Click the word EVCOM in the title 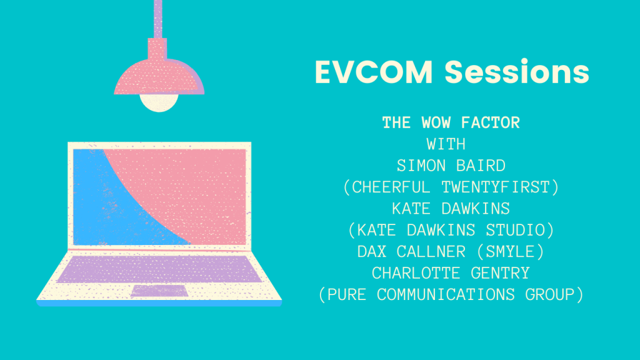(x=374, y=72)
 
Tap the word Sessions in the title (x=517, y=72)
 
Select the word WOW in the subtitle (x=436, y=122)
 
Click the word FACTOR (x=490, y=122)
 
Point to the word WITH (x=446, y=144)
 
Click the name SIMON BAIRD (x=451, y=166)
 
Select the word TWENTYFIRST (x=496, y=187)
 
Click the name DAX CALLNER (x=411, y=252)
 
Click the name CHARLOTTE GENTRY (x=451, y=273)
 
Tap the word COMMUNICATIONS (x=446, y=295)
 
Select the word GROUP (x=549, y=295)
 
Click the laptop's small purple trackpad (x=159, y=291)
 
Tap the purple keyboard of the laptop (x=159, y=269)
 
